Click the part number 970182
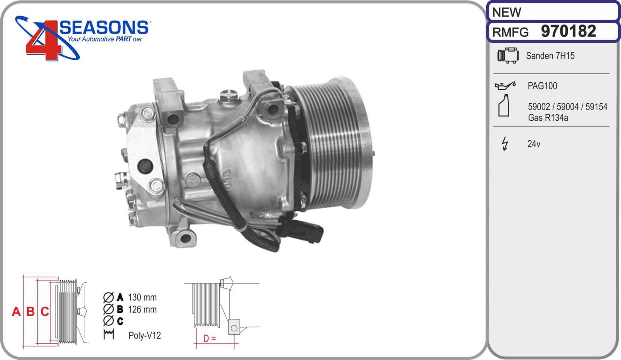568,31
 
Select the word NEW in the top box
507,12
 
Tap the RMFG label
510,33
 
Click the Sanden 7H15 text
550,56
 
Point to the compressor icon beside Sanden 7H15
508,56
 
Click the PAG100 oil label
542,86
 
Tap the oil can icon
505,86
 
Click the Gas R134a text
548,118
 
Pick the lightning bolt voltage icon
505,144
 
